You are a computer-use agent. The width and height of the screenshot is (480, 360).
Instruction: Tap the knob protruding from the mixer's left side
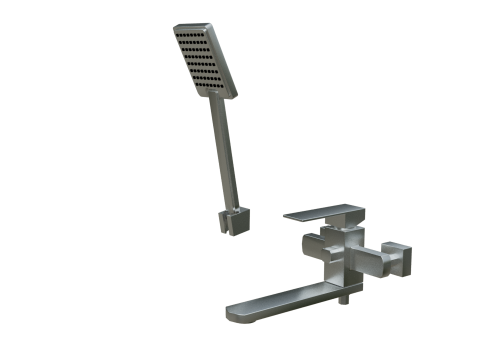pyautogui.click(x=309, y=245)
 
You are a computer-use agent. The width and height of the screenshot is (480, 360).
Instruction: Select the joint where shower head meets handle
pyautogui.click(x=214, y=99)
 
